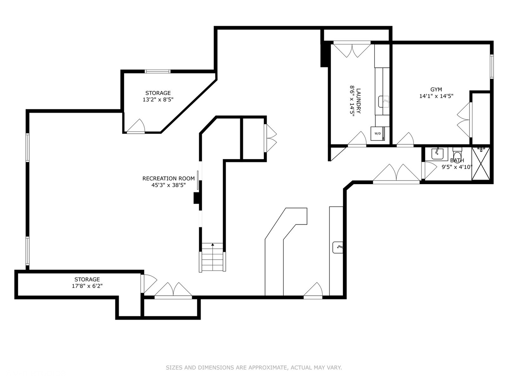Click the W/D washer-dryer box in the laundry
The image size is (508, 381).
click(x=378, y=133)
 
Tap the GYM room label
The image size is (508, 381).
click(x=436, y=90)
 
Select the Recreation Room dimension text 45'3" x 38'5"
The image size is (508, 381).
click(x=169, y=185)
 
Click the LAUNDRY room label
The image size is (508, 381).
click(x=359, y=101)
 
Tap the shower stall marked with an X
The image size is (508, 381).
click(x=481, y=164)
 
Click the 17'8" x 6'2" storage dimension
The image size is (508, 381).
click(x=87, y=286)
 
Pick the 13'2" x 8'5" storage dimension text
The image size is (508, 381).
click(x=158, y=99)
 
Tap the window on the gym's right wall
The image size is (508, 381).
click(x=491, y=66)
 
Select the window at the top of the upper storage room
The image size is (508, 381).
click(x=158, y=71)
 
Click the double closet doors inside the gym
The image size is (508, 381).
click(x=465, y=120)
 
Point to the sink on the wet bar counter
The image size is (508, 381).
click(x=337, y=247)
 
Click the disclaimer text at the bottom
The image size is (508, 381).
click(x=254, y=368)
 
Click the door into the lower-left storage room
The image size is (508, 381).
click(x=148, y=284)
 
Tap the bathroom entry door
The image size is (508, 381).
click(x=429, y=170)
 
